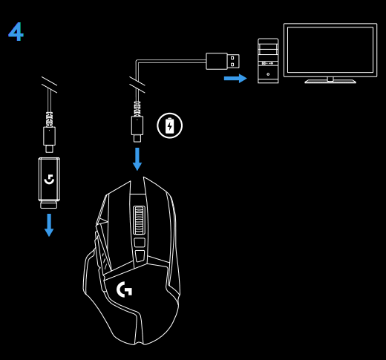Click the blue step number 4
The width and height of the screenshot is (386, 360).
coord(16,32)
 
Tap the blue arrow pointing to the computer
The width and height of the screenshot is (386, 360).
coord(235,78)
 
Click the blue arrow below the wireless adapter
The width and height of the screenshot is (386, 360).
coord(49,225)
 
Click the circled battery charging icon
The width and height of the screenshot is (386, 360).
coord(169,125)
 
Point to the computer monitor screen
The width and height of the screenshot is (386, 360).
coord(330,50)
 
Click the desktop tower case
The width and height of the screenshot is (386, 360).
coord(268,61)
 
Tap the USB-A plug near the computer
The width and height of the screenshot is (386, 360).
coord(222,61)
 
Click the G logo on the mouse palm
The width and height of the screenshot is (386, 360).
coord(125,289)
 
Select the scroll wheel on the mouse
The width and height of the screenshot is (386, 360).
coord(139,220)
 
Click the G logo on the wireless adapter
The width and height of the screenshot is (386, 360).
coord(49,179)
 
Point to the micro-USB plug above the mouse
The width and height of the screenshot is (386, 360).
coord(137,126)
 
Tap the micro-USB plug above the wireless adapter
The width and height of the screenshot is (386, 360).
coord(49,136)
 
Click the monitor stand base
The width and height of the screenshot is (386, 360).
coord(330,81)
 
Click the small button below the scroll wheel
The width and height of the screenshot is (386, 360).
coord(139,242)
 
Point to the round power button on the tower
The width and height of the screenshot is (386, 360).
coord(268,74)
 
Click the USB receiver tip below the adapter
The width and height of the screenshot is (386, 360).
coord(49,206)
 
